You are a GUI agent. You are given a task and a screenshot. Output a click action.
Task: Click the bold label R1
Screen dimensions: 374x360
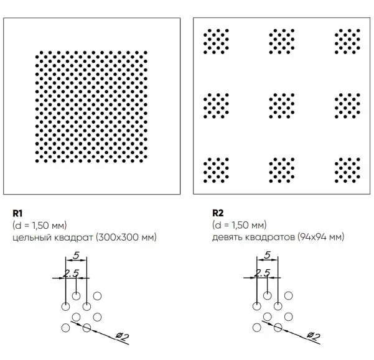(17, 213)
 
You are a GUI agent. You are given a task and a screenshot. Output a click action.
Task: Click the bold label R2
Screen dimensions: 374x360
(218, 213)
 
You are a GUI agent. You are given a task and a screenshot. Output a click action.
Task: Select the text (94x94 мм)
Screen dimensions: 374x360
(321, 237)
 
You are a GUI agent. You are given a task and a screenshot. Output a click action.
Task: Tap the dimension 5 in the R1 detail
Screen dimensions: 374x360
(76, 256)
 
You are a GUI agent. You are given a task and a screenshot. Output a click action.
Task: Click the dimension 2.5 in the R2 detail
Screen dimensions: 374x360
(262, 273)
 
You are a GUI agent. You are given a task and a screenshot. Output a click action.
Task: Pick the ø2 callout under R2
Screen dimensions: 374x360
(313, 336)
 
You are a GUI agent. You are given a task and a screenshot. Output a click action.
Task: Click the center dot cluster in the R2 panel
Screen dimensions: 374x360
(282, 106)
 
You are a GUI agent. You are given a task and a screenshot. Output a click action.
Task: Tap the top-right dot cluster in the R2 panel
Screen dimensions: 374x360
(347, 42)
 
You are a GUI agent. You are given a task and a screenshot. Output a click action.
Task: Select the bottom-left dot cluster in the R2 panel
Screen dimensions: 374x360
(216, 170)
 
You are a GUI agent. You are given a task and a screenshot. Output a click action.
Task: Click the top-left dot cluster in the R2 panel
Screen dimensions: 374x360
(216, 42)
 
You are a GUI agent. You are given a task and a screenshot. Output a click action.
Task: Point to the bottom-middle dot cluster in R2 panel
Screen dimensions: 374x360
(282, 170)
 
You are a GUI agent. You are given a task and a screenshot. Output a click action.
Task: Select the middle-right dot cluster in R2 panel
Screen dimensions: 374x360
(347, 106)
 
